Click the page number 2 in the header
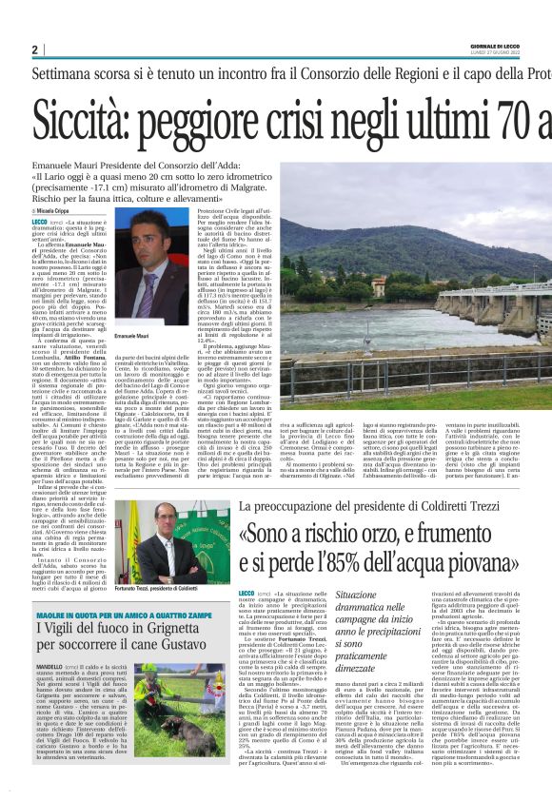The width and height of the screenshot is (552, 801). point(35,49)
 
